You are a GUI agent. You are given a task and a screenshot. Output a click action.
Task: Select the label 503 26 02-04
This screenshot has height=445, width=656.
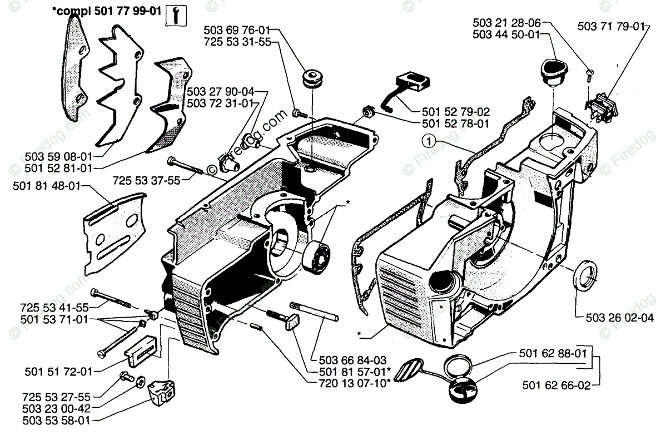617,318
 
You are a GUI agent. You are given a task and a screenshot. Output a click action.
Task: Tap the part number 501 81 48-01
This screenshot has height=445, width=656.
45,187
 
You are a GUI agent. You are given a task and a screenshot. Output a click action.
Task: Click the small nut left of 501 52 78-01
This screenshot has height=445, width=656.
366,111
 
